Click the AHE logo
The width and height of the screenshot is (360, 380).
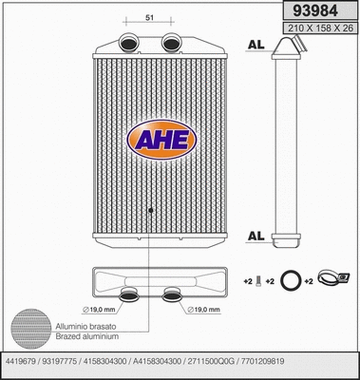pyautogui.click(x=160, y=140)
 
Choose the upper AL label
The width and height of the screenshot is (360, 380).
pyautogui.click(x=255, y=45)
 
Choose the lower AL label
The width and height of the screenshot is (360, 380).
pyautogui.click(x=255, y=236)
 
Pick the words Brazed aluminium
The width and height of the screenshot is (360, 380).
pyautogui.click(x=84, y=336)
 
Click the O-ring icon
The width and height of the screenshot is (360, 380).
pyautogui.click(x=295, y=281)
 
